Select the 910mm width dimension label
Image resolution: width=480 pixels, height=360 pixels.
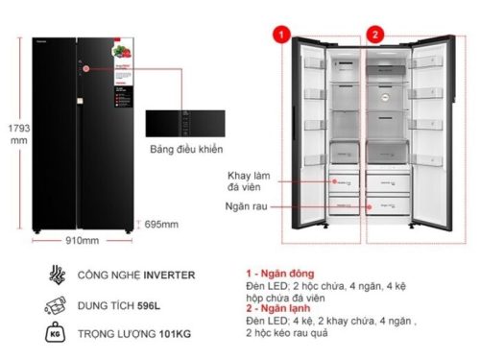pyautogui.click(x=83, y=240)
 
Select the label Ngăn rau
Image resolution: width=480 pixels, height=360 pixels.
pyautogui.click(x=246, y=206)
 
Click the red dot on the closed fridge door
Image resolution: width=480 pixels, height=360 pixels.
pyautogui.click(x=84, y=67)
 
